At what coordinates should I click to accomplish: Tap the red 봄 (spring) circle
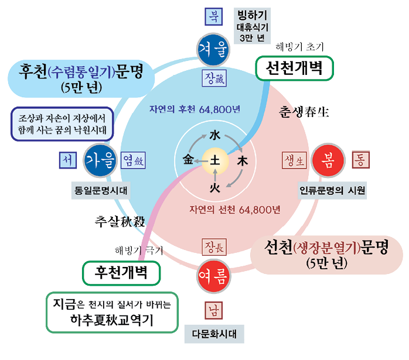click(x=328, y=161)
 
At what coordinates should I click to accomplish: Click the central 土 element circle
click(x=215, y=160)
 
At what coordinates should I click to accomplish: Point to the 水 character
click(x=215, y=135)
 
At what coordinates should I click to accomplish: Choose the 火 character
click(x=215, y=187)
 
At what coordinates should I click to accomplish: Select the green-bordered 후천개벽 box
click(x=122, y=270)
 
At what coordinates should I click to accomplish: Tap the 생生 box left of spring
click(x=294, y=160)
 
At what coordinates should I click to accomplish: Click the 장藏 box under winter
click(x=213, y=78)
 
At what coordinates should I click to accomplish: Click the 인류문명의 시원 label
click(x=332, y=190)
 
